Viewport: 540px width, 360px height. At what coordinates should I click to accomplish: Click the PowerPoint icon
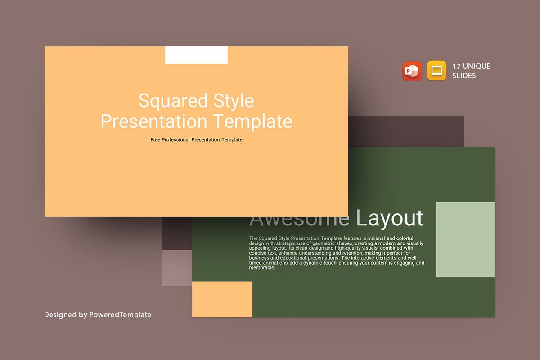click(x=412, y=71)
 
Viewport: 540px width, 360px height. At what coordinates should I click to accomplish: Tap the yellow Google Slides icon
click(x=436, y=71)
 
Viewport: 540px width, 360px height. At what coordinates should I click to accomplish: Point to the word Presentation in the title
click(x=153, y=121)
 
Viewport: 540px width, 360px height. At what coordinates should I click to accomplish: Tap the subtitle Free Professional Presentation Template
click(x=196, y=140)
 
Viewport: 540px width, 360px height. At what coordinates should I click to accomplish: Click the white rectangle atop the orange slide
click(x=196, y=55)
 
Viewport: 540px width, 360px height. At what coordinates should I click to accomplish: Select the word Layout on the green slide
click(x=389, y=219)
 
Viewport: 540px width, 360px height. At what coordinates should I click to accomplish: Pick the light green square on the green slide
click(x=465, y=239)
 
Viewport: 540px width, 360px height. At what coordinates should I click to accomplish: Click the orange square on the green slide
click(x=222, y=299)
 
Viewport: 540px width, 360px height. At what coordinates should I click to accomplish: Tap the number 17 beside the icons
click(x=456, y=67)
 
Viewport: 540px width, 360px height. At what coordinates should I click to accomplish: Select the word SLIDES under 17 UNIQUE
click(x=464, y=76)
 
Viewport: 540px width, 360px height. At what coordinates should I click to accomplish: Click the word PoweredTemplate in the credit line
click(x=120, y=315)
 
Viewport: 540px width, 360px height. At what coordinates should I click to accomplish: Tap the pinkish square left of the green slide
click(x=177, y=268)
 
